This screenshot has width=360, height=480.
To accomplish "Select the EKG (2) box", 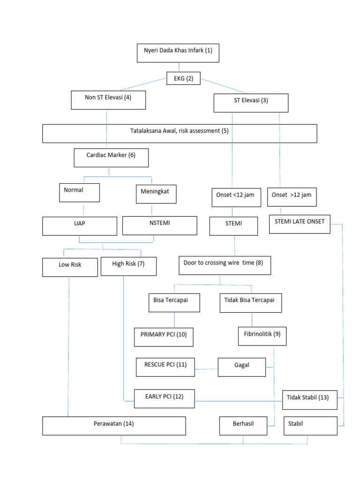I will coord(183,79).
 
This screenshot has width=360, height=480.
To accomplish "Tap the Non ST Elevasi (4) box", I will coord(108,100).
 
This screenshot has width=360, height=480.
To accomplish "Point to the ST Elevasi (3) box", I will coord(251,103).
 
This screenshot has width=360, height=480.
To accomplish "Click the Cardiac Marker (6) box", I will coord(111,157).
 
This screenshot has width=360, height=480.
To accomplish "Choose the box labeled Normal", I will coord(79,193).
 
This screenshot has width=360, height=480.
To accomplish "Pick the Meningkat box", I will coord(156,194).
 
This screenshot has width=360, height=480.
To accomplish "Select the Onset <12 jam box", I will coord(235,197).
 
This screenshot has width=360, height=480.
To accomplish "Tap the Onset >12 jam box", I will coord(292,197).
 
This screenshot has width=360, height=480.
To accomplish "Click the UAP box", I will coord(79,225).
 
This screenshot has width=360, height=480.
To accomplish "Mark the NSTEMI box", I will coord(159,225).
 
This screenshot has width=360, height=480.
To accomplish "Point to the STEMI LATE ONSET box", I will coord(300,224).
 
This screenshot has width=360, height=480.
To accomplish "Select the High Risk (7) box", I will coord(128,266).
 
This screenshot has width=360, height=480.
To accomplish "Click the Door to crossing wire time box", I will coord(225,265).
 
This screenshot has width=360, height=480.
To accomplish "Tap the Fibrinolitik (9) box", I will coord(262,336).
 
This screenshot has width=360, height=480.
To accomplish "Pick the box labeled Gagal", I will coord(241,367).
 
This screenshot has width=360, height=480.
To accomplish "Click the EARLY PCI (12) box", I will coord(165,398).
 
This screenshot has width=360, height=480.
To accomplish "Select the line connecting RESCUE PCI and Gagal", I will coord(206,369).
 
